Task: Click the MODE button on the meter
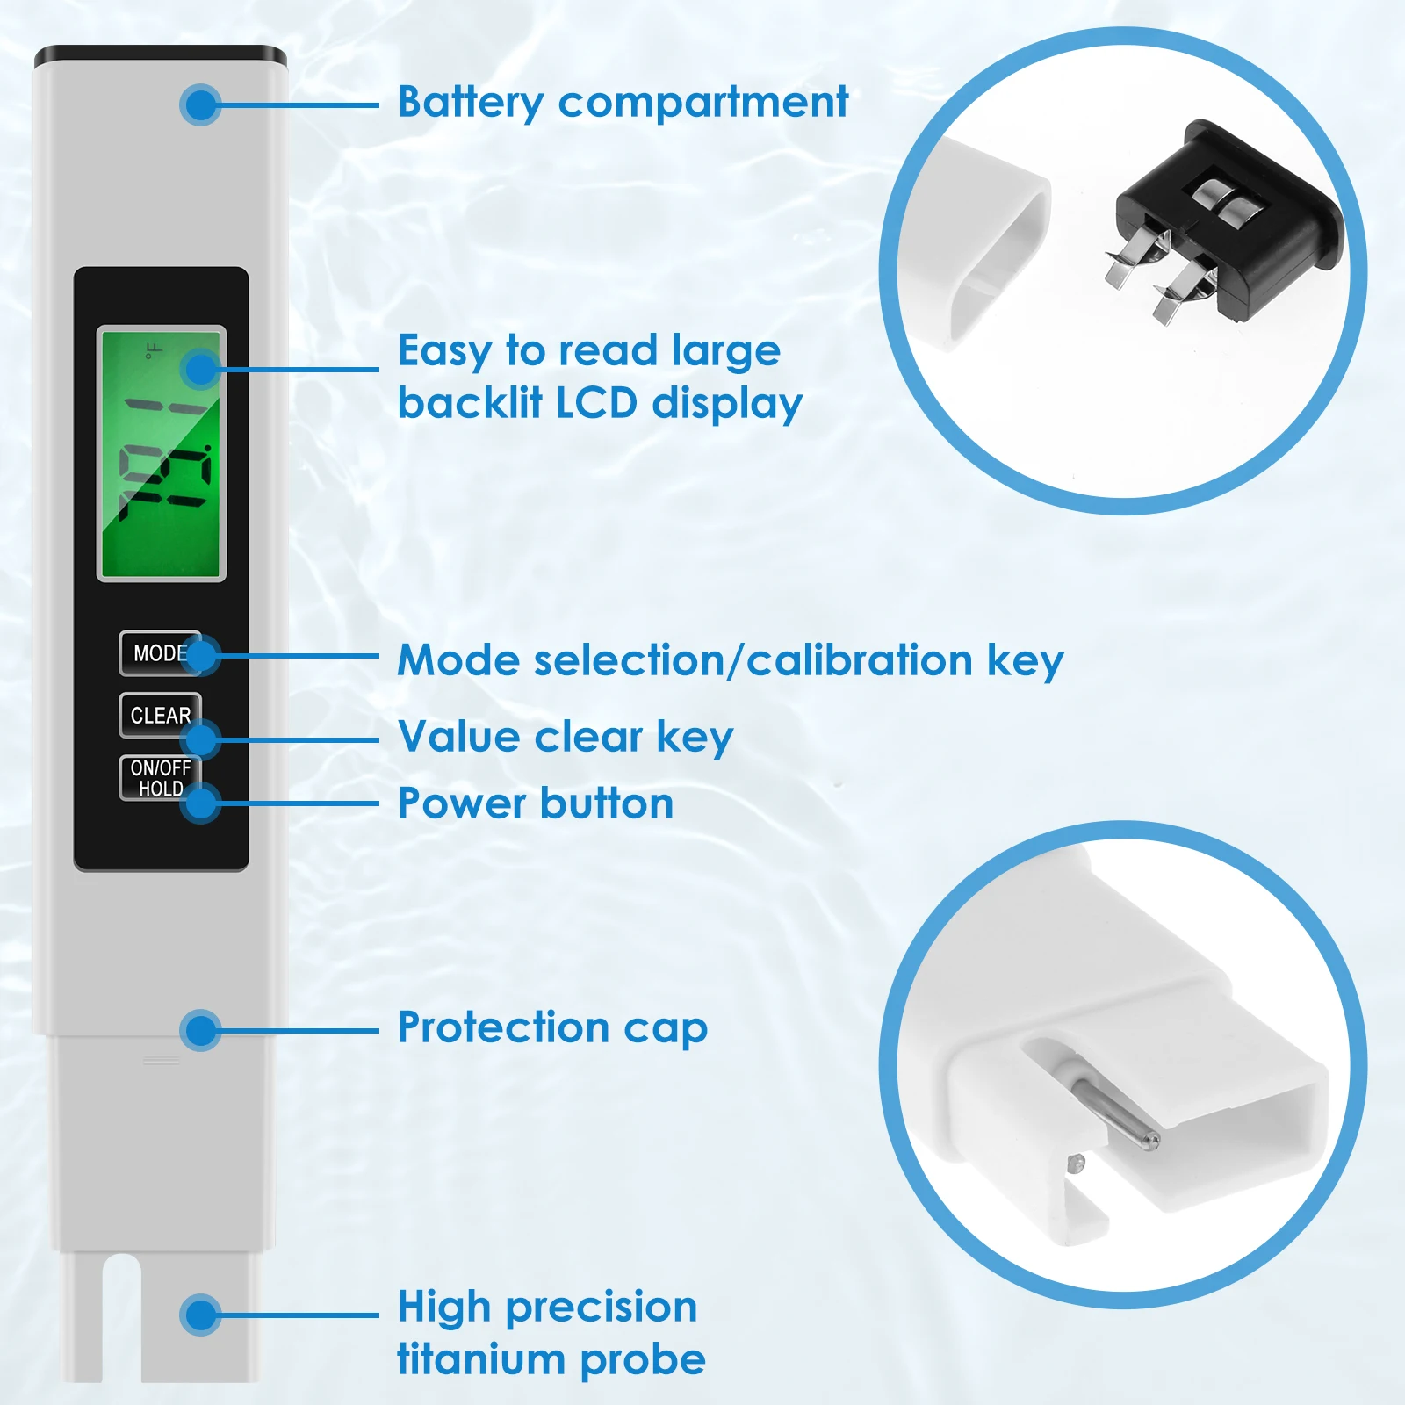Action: click(x=160, y=653)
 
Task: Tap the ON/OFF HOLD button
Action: click(x=160, y=778)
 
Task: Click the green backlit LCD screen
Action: click(x=162, y=453)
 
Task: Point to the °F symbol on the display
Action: click(x=154, y=351)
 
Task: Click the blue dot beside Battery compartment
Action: click(x=200, y=105)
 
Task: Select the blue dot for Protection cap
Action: click(x=200, y=1030)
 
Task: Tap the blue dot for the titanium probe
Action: click(x=200, y=1315)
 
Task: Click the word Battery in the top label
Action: click(x=471, y=103)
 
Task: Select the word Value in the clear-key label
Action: click(x=458, y=736)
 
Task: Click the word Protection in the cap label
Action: click(x=503, y=1027)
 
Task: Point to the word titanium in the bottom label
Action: click(x=480, y=1359)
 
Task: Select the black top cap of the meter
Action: click(x=161, y=57)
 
